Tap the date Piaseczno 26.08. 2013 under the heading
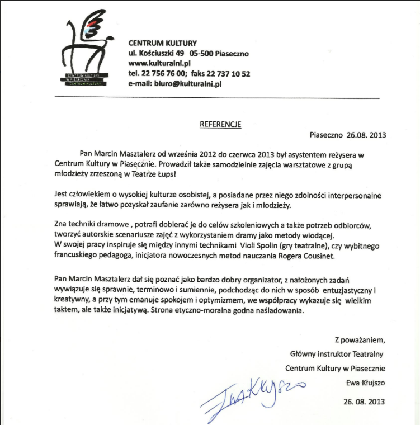[348, 135]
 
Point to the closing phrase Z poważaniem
[360, 339]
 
